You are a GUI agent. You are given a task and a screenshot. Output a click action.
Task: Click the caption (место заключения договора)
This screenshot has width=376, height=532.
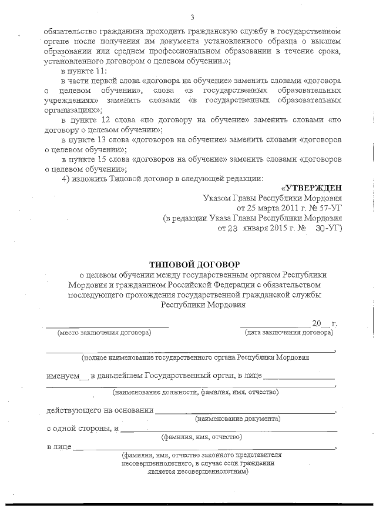pos(103,332)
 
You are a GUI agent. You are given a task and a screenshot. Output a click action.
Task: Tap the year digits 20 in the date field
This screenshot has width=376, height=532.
pos(317,324)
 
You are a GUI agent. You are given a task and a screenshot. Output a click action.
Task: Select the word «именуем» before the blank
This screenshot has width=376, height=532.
pos(62,376)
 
